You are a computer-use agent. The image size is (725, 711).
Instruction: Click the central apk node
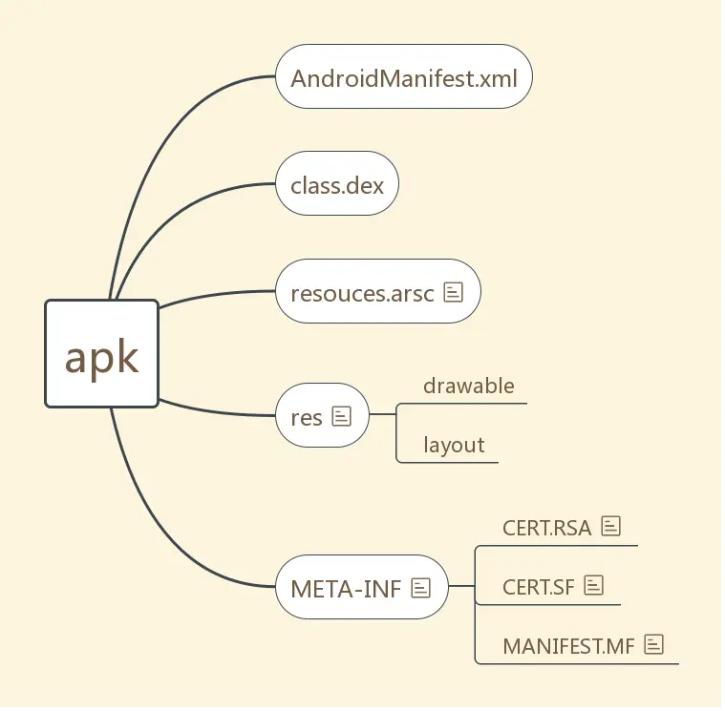point(101,354)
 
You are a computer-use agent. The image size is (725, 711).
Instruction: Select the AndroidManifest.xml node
point(404,77)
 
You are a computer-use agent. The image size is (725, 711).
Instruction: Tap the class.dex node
point(337,184)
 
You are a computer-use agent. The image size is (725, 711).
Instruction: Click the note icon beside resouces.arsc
point(454,292)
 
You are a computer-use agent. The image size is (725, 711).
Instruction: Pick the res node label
point(307,416)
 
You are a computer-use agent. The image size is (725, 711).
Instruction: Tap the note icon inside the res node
point(342,416)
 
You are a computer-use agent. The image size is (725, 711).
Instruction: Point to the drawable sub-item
point(469,387)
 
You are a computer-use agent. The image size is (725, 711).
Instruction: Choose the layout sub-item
point(454,445)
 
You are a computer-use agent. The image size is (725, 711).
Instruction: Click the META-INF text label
point(346,588)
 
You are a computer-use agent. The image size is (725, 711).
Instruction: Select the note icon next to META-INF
point(420,588)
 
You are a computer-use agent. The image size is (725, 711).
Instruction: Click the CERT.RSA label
point(547,527)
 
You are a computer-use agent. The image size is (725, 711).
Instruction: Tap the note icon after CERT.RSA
point(611,526)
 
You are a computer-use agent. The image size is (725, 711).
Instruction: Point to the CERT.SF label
point(539,586)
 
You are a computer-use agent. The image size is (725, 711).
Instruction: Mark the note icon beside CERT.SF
point(594,585)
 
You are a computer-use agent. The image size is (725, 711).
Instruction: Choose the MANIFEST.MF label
point(568,645)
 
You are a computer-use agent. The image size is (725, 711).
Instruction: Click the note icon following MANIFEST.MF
point(654,644)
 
